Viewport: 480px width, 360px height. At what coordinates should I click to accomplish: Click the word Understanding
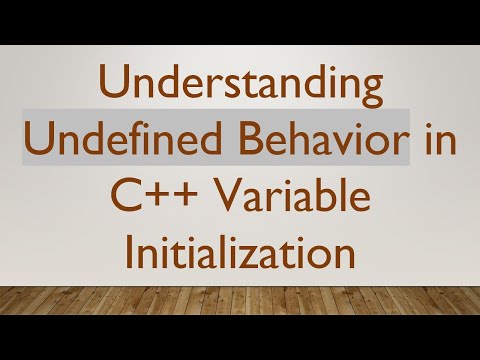click(240, 87)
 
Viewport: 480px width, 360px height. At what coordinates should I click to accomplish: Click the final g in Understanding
click(370, 93)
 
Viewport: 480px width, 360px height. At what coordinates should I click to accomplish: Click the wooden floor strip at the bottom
click(240, 300)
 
